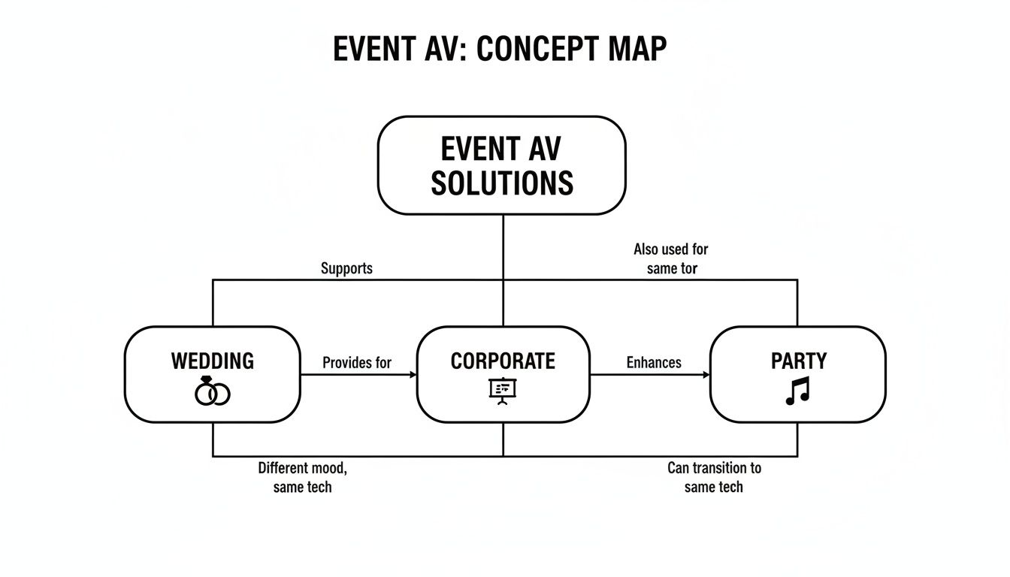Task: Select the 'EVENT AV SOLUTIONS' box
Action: [501, 166]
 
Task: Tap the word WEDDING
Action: [213, 361]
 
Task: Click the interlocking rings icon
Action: [213, 392]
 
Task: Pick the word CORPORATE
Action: [503, 361]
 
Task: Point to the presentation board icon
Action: [503, 390]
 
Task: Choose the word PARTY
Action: [799, 361]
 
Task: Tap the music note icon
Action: [798, 391]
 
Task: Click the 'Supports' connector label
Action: [346, 268]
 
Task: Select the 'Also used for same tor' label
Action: [671, 258]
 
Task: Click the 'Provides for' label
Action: [357, 363]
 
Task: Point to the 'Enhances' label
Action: [654, 363]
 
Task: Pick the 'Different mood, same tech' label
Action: [303, 477]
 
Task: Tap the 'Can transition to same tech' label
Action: [714, 477]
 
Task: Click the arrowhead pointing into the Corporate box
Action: [413, 374]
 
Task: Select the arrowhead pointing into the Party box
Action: [706, 374]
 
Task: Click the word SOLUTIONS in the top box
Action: [501, 183]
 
